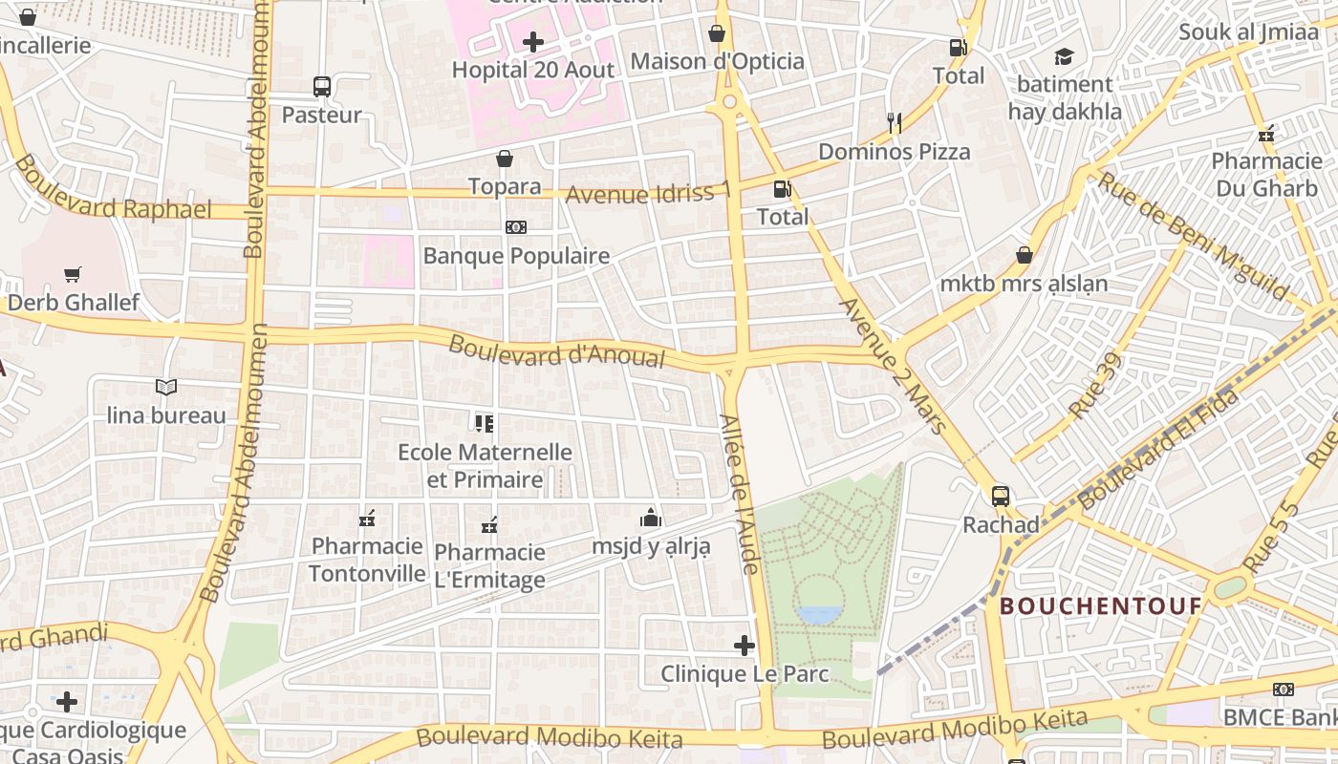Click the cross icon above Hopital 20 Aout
(x=533, y=42)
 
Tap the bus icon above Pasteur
(x=322, y=87)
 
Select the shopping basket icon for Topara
(x=505, y=159)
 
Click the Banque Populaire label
(x=516, y=256)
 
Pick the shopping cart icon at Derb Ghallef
(x=73, y=275)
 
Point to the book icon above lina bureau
(x=166, y=387)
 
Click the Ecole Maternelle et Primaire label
(x=485, y=465)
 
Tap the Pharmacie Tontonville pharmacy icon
(x=367, y=519)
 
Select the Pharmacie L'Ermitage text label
(x=489, y=565)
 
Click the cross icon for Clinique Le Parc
(x=745, y=646)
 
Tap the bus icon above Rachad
(x=1001, y=497)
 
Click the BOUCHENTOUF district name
(x=1100, y=605)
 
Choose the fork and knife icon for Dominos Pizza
(x=895, y=122)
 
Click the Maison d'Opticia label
(x=717, y=62)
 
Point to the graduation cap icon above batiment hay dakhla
(x=1064, y=57)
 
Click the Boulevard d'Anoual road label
(x=556, y=351)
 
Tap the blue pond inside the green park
(x=820, y=614)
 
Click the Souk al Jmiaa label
(x=1248, y=32)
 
